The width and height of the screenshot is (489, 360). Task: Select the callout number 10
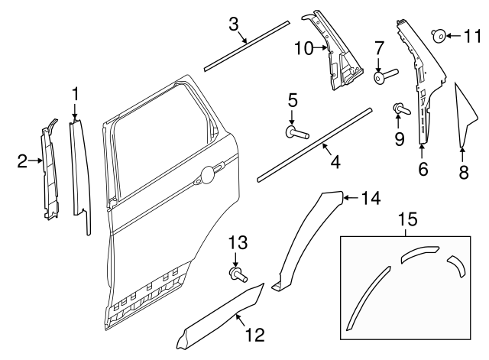[x=303, y=48]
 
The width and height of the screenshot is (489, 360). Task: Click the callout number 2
[x=23, y=161]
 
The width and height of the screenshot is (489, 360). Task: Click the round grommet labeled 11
[x=440, y=35]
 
